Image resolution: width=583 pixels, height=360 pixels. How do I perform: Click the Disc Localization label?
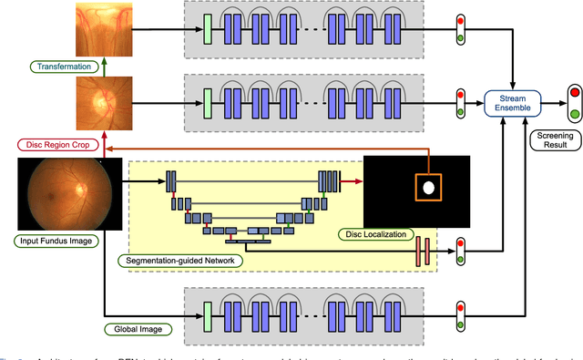coord(373,234)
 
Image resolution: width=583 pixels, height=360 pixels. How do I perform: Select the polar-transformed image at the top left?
coord(102,27)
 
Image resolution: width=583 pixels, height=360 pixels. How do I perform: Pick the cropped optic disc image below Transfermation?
coord(102,102)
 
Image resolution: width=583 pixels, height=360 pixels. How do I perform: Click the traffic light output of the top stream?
coord(461,27)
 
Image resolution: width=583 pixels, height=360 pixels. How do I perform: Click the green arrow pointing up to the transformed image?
coord(102,66)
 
